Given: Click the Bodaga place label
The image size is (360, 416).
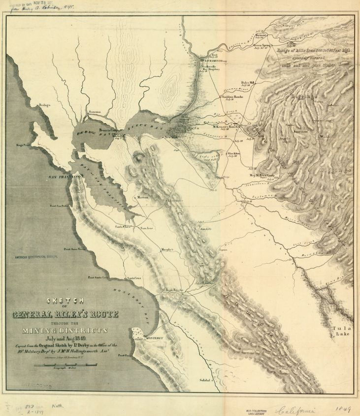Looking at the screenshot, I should pyautogui.click(x=45, y=105).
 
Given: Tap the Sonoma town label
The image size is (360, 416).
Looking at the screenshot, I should pyautogui.click(x=95, y=112).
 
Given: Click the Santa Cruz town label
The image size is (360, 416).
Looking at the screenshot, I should pyautogui.click(x=134, y=278).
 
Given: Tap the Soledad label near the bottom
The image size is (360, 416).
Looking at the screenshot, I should pyautogui.click(x=205, y=381).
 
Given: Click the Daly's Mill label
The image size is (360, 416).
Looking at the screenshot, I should pyautogui.click(x=247, y=82).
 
